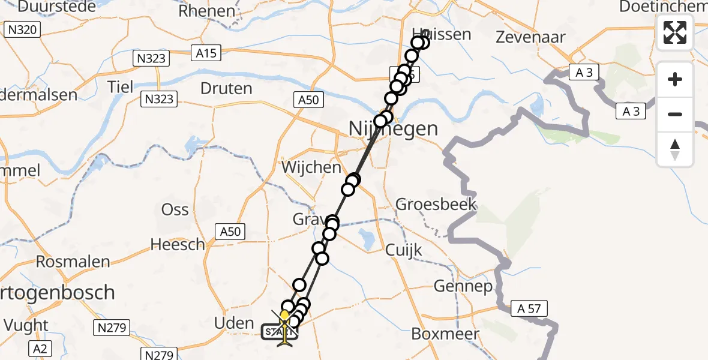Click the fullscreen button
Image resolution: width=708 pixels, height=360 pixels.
click(675, 32)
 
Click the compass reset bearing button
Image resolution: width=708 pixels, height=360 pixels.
click(675, 149)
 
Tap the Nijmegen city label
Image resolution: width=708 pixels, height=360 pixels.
click(393, 128)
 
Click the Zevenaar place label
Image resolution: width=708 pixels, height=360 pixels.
click(530, 37)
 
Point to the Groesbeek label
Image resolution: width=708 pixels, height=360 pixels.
click(436, 204)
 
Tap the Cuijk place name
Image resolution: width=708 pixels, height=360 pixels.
click(404, 250)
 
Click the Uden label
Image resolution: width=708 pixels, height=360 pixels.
click(234, 323)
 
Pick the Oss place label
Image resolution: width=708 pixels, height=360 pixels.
click(175, 209)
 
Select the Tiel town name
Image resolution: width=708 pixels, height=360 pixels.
click(121, 86)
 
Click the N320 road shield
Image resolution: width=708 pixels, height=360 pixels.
click(23, 29)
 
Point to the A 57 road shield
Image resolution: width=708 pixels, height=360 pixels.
click(529, 309)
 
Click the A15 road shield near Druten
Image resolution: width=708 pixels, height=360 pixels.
click(208, 53)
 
